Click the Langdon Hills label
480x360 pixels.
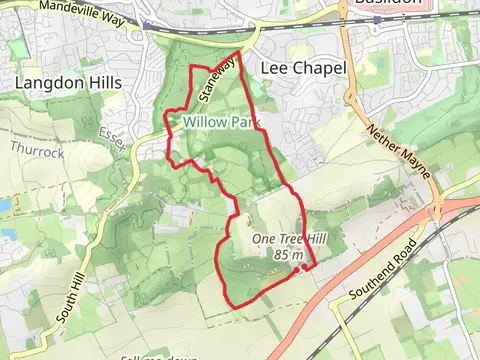tap(68, 82)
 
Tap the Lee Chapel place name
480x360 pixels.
tap(302, 68)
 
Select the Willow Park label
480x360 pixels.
tap(221, 122)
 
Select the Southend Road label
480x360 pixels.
tap(381, 270)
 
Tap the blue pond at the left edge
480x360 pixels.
tap(4, 204)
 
